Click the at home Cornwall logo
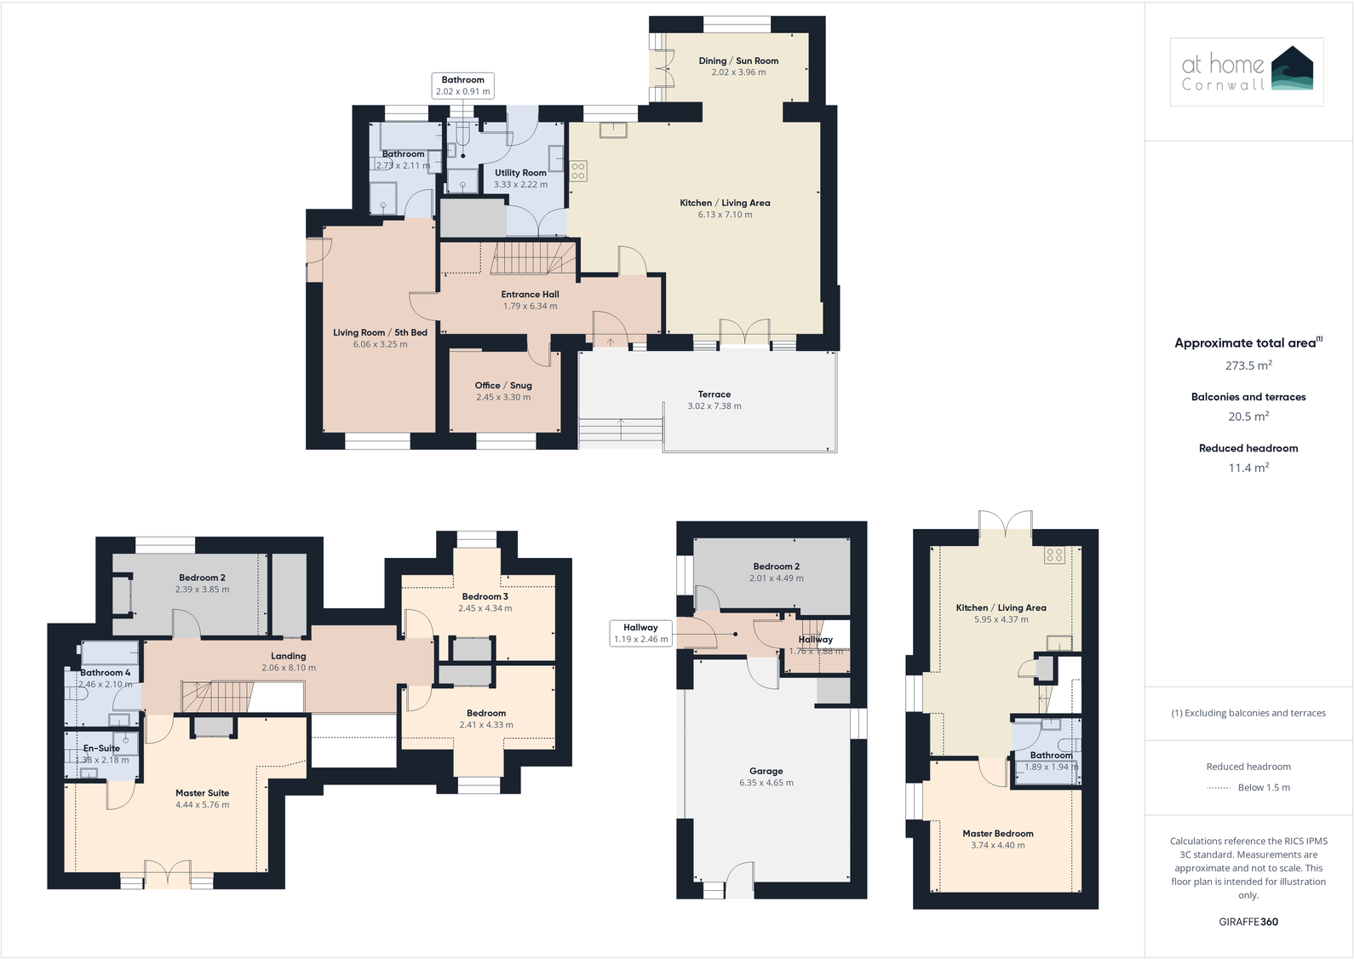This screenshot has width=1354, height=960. [1247, 72]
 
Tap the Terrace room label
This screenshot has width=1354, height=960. [714, 394]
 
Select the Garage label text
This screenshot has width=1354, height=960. [766, 771]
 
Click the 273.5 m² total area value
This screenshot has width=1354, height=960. [1248, 365]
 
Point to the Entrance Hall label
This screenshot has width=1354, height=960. [530, 295]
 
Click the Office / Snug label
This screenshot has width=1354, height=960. [503, 386]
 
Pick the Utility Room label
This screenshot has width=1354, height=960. [520, 173]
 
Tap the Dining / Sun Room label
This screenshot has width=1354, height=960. [738, 61]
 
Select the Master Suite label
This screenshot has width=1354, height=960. [202, 793]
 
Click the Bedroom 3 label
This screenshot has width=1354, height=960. [485, 597]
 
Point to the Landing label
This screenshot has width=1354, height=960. [289, 657]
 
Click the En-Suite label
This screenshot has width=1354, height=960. [101, 749]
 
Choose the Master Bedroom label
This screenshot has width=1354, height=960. [998, 834]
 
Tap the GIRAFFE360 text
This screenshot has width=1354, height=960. [1248, 922]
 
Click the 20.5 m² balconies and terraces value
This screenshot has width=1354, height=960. [1248, 417]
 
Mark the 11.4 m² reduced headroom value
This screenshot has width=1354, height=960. [1248, 468]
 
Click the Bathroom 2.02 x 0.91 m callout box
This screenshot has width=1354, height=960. [463, 86]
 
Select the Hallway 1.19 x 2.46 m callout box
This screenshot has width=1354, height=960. [640, 633]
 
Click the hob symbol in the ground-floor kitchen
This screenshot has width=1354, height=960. [578, 170]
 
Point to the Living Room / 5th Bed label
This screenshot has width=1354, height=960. [380, 333]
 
